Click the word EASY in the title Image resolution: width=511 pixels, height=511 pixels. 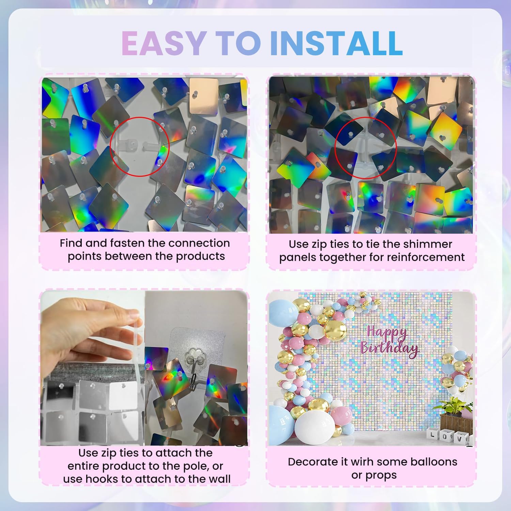(x=162, y=43)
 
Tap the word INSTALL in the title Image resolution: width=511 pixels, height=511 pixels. (x=336, y=43)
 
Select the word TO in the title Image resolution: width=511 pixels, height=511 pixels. (x=238, y=43)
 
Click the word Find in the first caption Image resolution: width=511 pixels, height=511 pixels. (x=71, y=243)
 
